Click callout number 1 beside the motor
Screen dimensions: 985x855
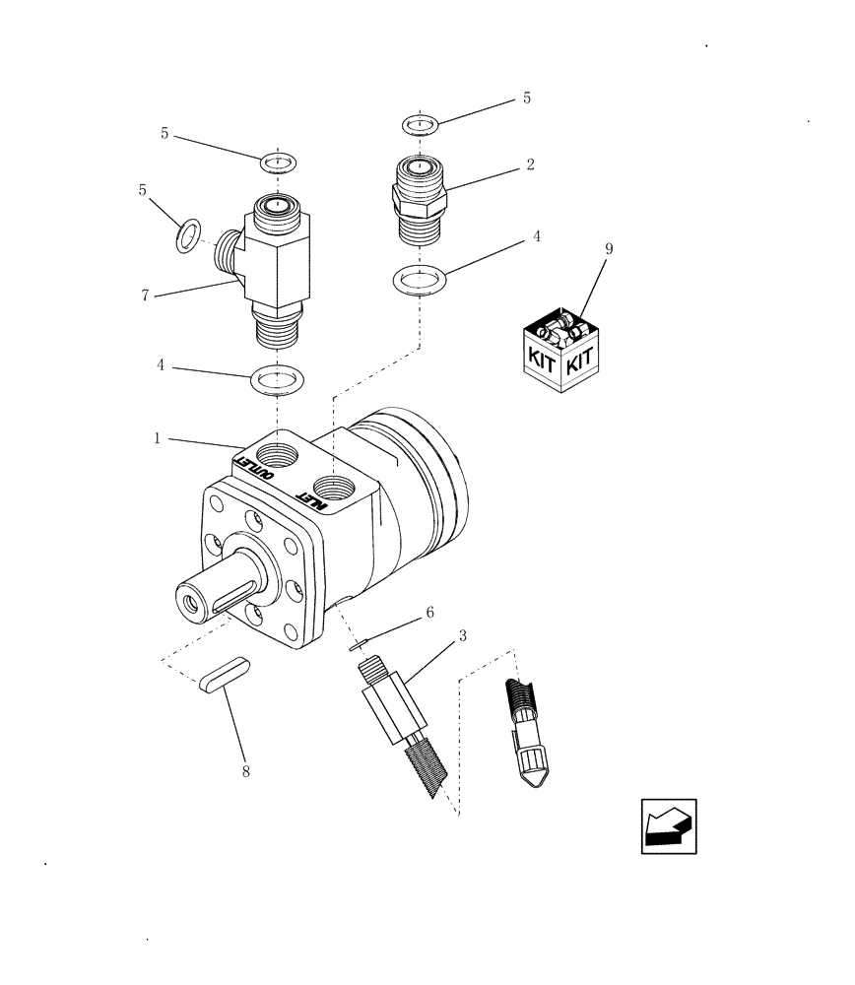[157, 439]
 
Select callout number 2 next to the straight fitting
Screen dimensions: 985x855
[530, 165]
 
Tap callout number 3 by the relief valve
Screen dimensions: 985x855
[462, 636]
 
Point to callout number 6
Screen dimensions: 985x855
[429, 613]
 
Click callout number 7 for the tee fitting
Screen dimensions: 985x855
[145, 295]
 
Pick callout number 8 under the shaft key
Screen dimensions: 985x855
[245, 771]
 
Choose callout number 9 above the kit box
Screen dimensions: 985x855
[608, 249]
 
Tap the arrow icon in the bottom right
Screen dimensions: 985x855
[669, 825]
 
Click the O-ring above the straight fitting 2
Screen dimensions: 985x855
[421, 125]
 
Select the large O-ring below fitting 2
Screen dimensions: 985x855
[421, 279]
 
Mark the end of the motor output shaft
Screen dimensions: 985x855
[190, 601]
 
